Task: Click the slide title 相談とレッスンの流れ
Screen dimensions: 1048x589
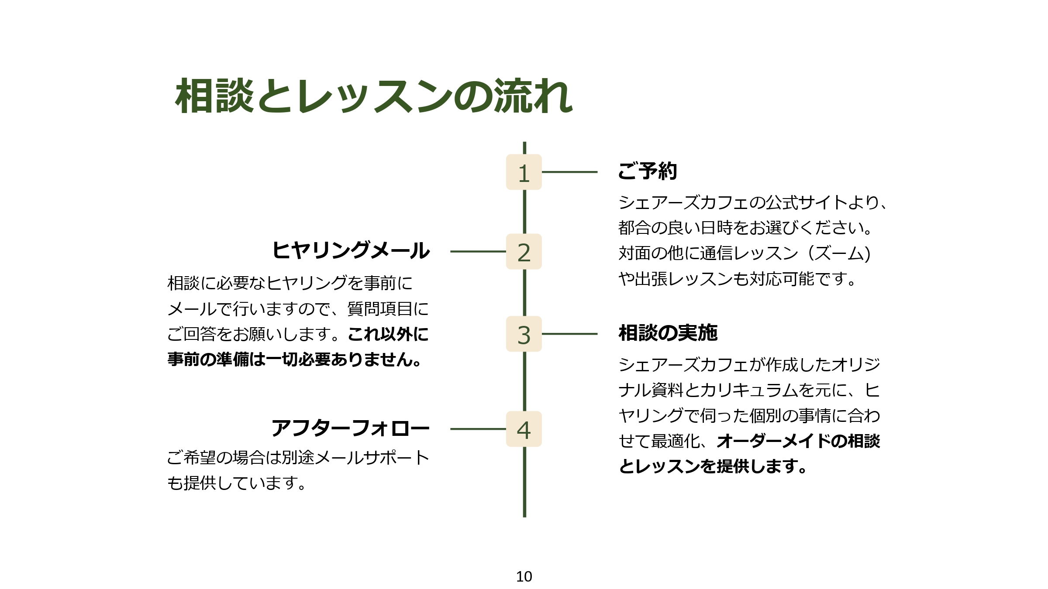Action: pos(374,96)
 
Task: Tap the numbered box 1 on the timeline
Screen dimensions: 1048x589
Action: pos(524,172)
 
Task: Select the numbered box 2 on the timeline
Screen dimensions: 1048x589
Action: pos(524,252)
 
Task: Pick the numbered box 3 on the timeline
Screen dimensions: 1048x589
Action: pos(524,334)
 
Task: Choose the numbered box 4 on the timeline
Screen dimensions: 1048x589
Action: pos(524,429)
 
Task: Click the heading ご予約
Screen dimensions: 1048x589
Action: pos(648,171)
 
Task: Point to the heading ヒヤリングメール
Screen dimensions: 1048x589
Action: pos(351,250)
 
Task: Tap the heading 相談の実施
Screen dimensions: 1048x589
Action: pos(668,333)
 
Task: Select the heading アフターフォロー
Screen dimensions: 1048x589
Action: pos(351,428)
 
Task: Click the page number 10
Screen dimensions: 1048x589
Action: pos(524,576)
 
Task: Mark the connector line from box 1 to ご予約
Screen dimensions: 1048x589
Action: pos(569,172)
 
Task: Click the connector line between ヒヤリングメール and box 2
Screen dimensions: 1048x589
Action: pos(478,252)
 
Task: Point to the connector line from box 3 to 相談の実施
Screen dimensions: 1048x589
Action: pos(569,334)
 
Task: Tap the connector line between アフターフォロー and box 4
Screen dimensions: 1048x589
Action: pos(478,429)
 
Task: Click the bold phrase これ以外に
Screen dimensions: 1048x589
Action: pos(388,334)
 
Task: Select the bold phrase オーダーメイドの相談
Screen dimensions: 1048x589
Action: pos(798,441)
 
